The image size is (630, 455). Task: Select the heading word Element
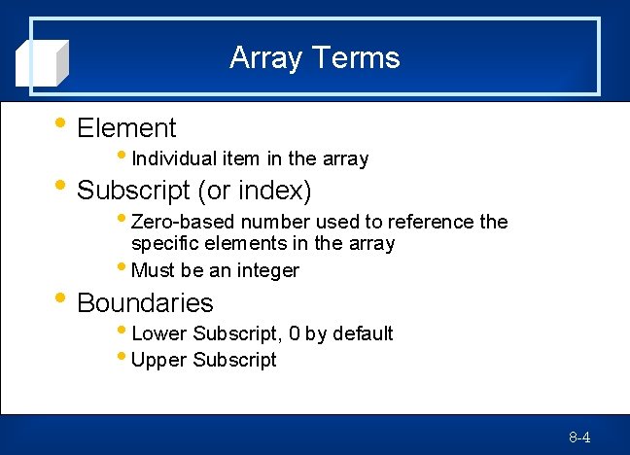[126, 128]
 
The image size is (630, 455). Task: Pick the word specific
[163, 243]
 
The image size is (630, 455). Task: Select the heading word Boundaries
[145, 302]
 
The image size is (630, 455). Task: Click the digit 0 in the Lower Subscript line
[294, 333]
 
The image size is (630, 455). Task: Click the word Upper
[158, 360]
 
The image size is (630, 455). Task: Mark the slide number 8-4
[579, 437]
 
